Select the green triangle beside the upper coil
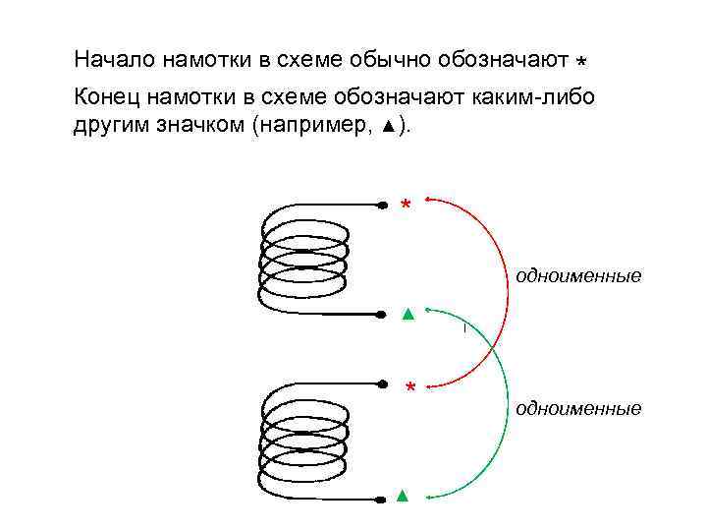click(x=407, y=316)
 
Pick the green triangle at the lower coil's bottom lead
click(x=402, y=495)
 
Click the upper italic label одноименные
click(x=578, y=276)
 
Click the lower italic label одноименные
click(x=578, y=407)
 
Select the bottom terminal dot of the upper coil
click(x=381, y=315)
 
